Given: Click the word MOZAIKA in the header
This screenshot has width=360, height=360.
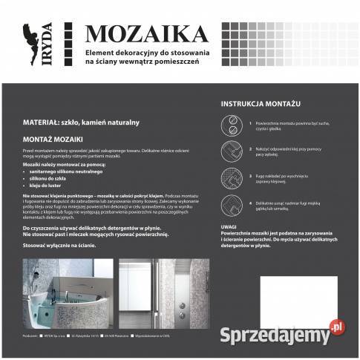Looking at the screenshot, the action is [145, 34].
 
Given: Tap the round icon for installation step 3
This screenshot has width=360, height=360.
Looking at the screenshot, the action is [231, 177].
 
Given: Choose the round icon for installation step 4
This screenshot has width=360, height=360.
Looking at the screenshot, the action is [231, 205].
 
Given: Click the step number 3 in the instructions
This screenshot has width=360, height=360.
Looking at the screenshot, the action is [251, 175].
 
